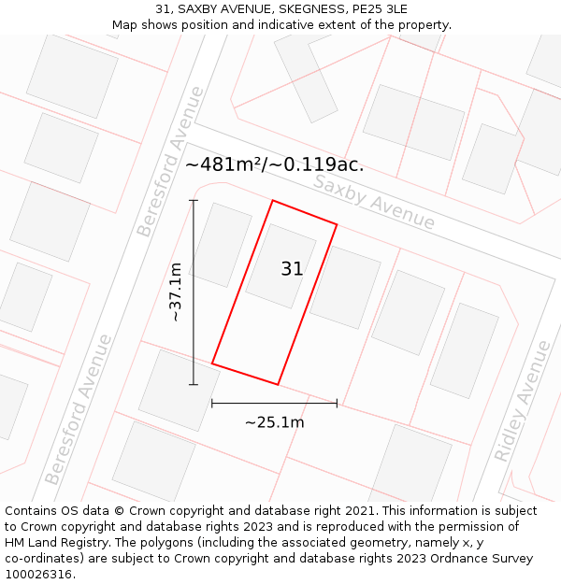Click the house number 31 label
pyautogui.click(x=292, y=269)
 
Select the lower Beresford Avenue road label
pyautogui.click(x=79, y=409)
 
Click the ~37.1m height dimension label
pyautogui.click(x=175, y=292)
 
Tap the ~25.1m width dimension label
pyautogui.click(x=274, y=422)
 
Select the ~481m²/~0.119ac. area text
pyautogui.click(x=274, y=165)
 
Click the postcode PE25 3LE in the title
pyautogui.click(x=372, y=9)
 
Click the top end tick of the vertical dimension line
pyautogui.click(x=194, y=200)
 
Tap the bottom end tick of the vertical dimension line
pyautogui.click(x=194, y=384)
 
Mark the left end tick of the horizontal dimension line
pyautogui.click(x=212, y=404)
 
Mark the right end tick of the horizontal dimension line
pyautogui.click(x=337, y=404)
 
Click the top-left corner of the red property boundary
pyautogui.click(x=272, y=201)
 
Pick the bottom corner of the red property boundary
pyautogui.click(x=278, y=384)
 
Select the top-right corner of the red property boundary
pyautogui.click(x=337, y=225)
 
